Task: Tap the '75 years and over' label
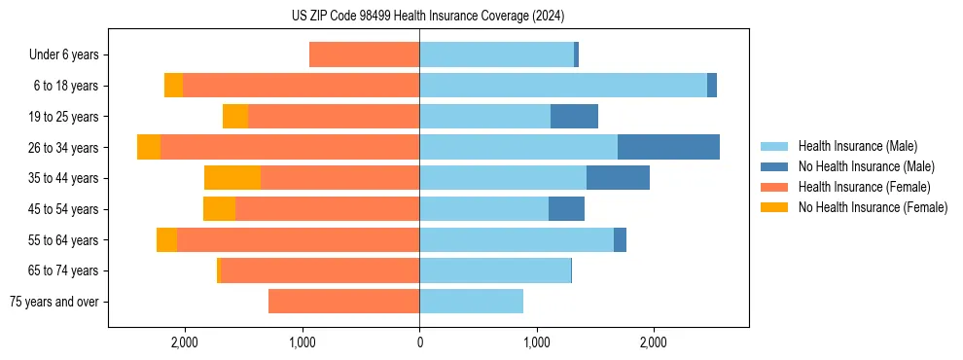click(54, 302)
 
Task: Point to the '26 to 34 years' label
click(63, 148)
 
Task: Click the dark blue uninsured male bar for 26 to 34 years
click(668, 147)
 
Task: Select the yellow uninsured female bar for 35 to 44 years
click(232, 178)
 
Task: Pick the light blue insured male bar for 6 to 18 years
click(562, 86)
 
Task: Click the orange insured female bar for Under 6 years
click(364, 54)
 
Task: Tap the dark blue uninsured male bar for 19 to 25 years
click(574, 117)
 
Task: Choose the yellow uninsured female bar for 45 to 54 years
click(219, 209)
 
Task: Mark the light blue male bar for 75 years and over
click(471, 302)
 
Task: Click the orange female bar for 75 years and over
click(343, 302)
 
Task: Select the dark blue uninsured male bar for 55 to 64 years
click(620, 240)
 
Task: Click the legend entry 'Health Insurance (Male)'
click(857, 146)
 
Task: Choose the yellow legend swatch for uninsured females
click(775, 207)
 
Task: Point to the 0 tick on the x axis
click(419, 342)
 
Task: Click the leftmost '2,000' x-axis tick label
click(185, 342)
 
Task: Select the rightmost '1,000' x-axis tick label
click(536, 342)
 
